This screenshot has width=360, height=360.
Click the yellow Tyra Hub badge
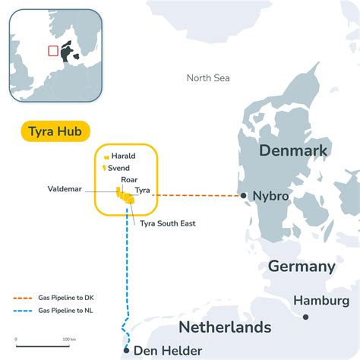(x=55, y=131)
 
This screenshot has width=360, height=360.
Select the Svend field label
(x=122, y=167)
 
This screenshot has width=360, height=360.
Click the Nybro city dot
(x=243, y=195)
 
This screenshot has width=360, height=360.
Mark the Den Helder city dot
(x=126, y=350)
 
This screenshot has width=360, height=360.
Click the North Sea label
(x=207, y=78)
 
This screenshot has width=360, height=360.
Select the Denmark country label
(x=292, y=150)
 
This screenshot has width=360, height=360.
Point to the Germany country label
(x=302, y=267)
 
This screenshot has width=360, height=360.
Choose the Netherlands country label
(x=224, y=327)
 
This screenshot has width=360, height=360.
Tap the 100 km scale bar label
(x=69, y=339)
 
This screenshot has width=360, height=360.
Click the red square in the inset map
(x=53, y=51)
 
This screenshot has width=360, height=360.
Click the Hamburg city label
(x=322, y=302)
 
